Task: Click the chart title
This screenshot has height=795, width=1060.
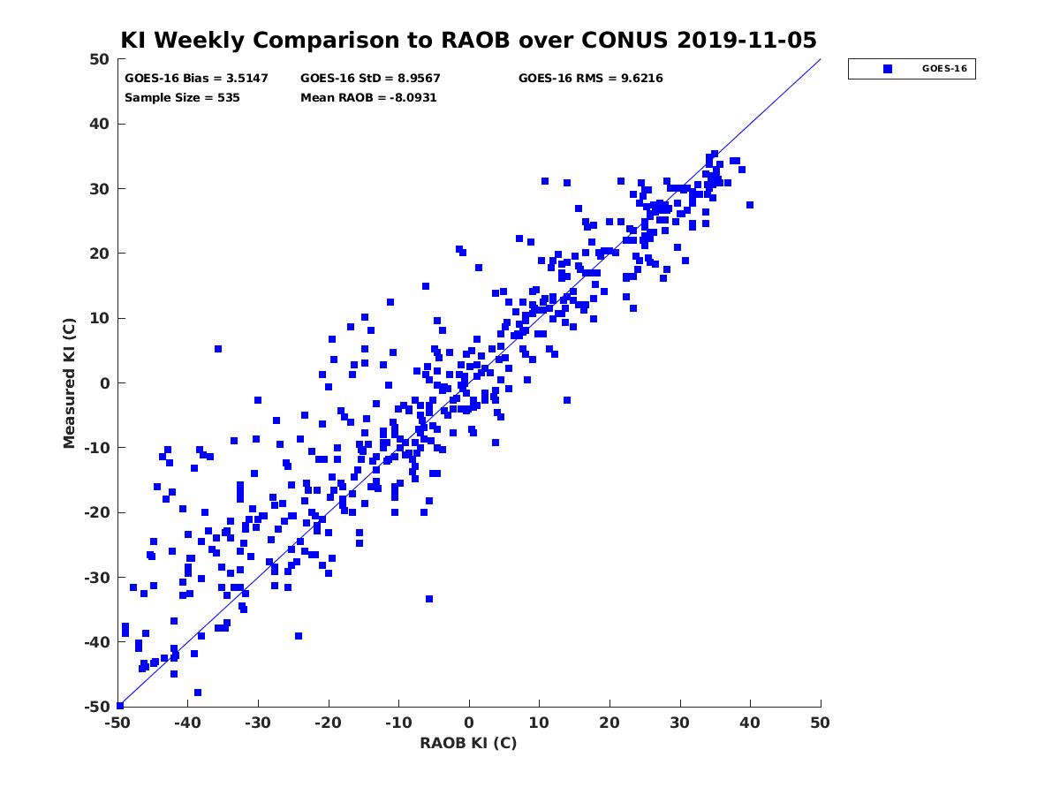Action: click(x=468, y=40)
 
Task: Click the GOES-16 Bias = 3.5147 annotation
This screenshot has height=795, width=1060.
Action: click(x=196, y=79)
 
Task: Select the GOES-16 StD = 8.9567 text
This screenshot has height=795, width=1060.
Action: click(x=370, y=79)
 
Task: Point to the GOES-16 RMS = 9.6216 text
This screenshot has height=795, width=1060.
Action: click(x=590, y=79)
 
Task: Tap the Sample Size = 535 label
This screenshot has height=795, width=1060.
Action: click(x=182, y=98)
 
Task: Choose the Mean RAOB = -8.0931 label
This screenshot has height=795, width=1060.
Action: click(x=368, y=98)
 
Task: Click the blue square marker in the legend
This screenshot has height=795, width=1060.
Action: click(x=888, y=69)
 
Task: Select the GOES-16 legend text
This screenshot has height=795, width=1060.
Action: click(x=944, y=69)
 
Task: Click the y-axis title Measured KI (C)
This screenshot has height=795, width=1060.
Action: click(x=69, y=383)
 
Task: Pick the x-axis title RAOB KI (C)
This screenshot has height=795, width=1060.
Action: click(x=468, y=742)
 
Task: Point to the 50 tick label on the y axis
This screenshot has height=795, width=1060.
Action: click(x=100, y=59)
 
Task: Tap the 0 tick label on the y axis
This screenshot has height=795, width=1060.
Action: click(x=105, y=383)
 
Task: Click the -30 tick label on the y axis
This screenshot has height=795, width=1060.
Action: click(x=97, y=578)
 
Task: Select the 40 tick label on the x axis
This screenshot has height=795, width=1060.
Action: click(x=750, y=723)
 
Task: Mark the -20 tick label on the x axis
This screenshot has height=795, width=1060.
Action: click(x=328, y=723)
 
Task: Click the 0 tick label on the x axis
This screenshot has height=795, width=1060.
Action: click(x=469, y=723)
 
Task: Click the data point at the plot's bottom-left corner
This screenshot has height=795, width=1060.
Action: click(x=120, y=706)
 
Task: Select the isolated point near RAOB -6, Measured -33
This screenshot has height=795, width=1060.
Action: click(x=429, y=599)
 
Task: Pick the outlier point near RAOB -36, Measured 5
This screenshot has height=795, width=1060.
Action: click(x=218, y=349)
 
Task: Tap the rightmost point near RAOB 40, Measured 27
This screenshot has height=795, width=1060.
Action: click(x=750, y=205)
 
